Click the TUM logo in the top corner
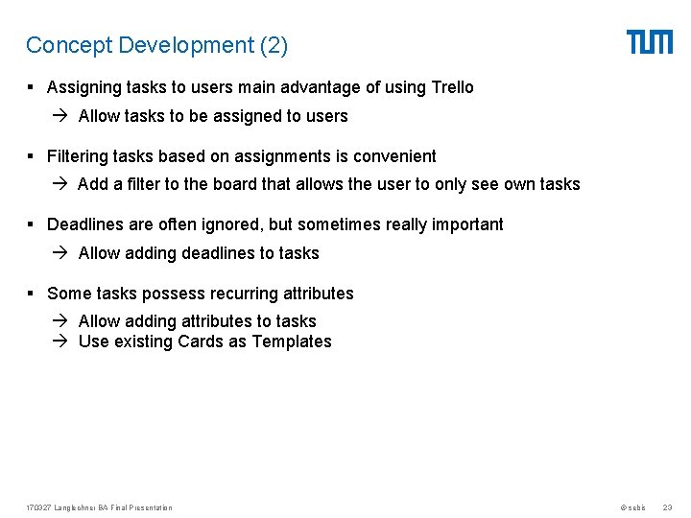click(650, 42)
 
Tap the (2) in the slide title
click(272, 45)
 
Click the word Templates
click(292, 341)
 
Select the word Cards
click(200, 341)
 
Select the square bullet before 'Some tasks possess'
click(32, 294)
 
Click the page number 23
click(668, 507)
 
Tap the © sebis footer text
click(632, 507)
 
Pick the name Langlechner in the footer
click(73, 507)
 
